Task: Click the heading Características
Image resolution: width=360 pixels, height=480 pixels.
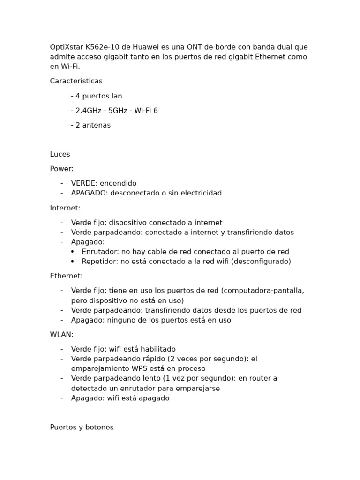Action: pyautogui.click(x=76, y=81)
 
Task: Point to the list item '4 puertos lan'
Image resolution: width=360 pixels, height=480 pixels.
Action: pyautogui.click(x=98, y=96)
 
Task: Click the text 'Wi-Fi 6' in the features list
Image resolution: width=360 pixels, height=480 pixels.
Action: pyautogui.click(x=146, y=111)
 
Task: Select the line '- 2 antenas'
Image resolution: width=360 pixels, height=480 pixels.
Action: pyautogui.click(x=91, y=125)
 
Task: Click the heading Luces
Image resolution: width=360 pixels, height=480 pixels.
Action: pyautogui.click(x=60, y=154)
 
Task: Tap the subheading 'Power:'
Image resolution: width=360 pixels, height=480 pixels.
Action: pyautogui.click(x=61, y=169)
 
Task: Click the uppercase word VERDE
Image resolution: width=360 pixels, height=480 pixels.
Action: pyautogui.click(x=84, y=183)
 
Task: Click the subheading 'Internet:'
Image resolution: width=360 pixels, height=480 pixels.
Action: pyautogui.click(x=65, y=208)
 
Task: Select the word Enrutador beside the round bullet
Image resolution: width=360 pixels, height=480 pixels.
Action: pyautogui.click(x=99, y=252)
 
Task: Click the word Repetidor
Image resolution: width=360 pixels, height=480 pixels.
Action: pyautogui.click(x=100, y=262)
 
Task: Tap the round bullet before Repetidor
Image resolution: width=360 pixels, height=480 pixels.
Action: pyautogui.click(x=73, y=262)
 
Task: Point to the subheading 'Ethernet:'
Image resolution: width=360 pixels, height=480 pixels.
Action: pyautogui.click(x=66, y=276)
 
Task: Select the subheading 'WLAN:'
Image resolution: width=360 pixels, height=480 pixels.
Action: pyautogui.click(x=61, y=335)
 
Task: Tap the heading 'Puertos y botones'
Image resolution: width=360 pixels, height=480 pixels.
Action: pyautogui.click(x=82, y=427)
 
